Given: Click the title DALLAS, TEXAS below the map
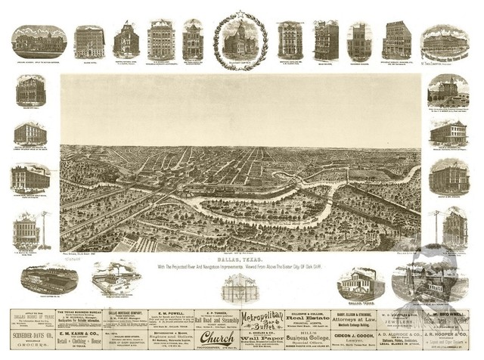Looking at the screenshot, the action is (240, 258).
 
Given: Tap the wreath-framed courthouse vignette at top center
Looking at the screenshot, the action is (240, 39).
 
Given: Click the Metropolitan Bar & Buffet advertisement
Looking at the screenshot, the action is (261, 317).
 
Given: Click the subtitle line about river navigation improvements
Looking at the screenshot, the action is (240, 265).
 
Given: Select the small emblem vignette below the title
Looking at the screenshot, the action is (240, 288).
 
